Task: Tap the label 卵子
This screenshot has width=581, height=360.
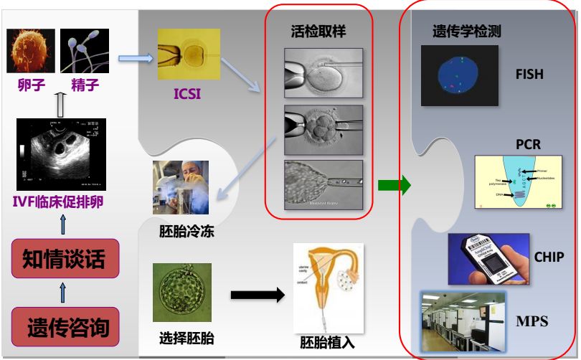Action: (x=32, y=86)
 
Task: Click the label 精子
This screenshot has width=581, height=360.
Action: (x=85, y=86)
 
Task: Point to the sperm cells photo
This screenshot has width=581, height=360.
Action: (x=85, y=52)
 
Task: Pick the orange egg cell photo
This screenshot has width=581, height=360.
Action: (x=31, y=52)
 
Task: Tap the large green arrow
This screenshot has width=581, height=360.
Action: (x=395, y=186)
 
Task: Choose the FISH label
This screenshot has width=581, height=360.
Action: (x=529, y=75)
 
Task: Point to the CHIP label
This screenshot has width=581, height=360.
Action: (x=549, y=257)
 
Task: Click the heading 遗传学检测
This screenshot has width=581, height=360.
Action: (x=467, y=32)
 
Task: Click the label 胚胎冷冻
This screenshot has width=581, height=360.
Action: (x=186, y=233)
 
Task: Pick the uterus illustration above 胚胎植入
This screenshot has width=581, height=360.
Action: (x=328, y=287)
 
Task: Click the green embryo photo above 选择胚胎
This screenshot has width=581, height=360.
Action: (x=182, y=292)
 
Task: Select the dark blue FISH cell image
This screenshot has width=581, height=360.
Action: (x=458, y=75)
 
